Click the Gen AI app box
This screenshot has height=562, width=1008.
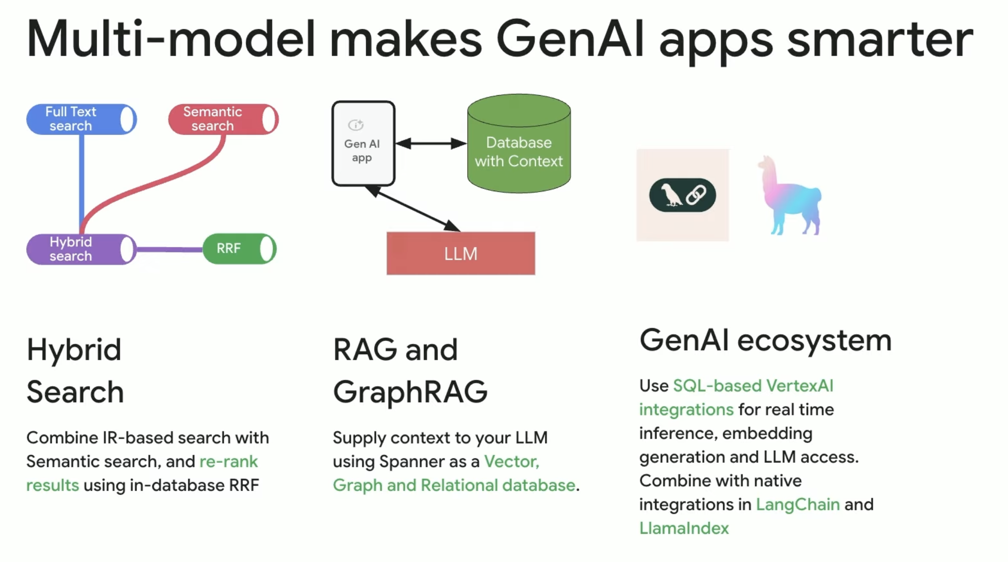coord(363,144)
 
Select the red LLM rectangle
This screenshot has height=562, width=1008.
coord(460,254)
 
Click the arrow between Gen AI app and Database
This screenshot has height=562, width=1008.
coord(431,144)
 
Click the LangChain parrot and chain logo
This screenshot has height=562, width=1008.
coord(682,195)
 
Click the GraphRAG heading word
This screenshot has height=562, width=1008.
coord(410,391)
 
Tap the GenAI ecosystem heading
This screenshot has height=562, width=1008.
coord(765,340)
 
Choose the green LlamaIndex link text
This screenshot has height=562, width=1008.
coord(684,528)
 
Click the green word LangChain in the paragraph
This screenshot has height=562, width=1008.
coord(797,505)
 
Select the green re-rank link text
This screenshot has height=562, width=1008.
coord(228,461)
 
